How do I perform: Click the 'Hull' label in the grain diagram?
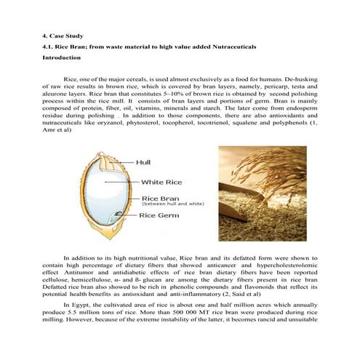coord(149,163)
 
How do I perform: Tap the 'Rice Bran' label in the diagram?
coord(160,197)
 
